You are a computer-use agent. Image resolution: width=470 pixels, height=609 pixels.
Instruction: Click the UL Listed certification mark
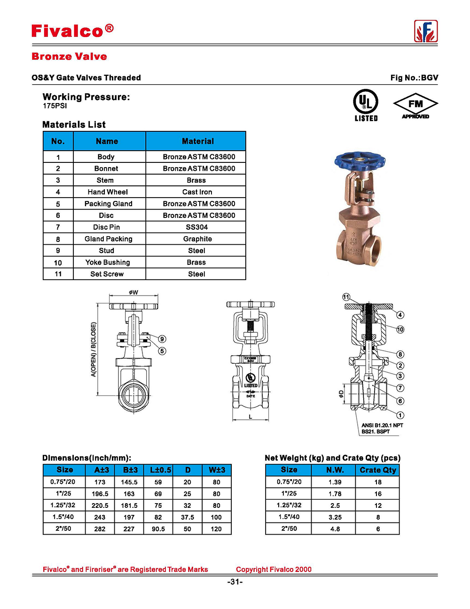point(366,105)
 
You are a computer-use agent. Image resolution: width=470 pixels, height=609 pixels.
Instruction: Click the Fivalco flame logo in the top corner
point(426,32)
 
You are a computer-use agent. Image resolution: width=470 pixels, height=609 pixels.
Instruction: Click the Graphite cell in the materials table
point(197,239)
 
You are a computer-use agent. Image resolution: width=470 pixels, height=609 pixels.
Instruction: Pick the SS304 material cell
point(196,227)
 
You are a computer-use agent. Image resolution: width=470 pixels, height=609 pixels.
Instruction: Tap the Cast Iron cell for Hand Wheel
point(197,192)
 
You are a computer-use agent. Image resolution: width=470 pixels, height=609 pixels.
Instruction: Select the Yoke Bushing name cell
point(108,263)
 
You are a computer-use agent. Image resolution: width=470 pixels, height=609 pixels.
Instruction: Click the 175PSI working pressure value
point(55,106)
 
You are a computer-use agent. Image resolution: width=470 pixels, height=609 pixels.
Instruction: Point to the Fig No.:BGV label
point(414,78)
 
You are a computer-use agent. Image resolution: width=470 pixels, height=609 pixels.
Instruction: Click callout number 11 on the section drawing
point(346,297)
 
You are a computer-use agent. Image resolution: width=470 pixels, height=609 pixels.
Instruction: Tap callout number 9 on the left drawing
point(162,339)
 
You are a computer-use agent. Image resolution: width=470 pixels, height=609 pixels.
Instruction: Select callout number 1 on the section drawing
point(400,415)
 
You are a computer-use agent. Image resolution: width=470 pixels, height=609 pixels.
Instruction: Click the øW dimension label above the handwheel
point(134,292)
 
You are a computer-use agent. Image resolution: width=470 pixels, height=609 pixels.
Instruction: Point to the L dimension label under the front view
point(251,417)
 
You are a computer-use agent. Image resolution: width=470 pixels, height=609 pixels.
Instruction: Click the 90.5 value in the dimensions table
point(158,529)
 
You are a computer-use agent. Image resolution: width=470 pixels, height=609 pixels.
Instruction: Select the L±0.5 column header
point(160,470)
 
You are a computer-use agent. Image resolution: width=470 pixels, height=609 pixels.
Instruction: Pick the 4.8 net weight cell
point(335,529)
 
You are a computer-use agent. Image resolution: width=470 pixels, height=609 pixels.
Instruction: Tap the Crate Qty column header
point(378,470)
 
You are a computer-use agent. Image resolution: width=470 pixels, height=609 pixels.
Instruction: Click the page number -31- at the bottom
point(235,582)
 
